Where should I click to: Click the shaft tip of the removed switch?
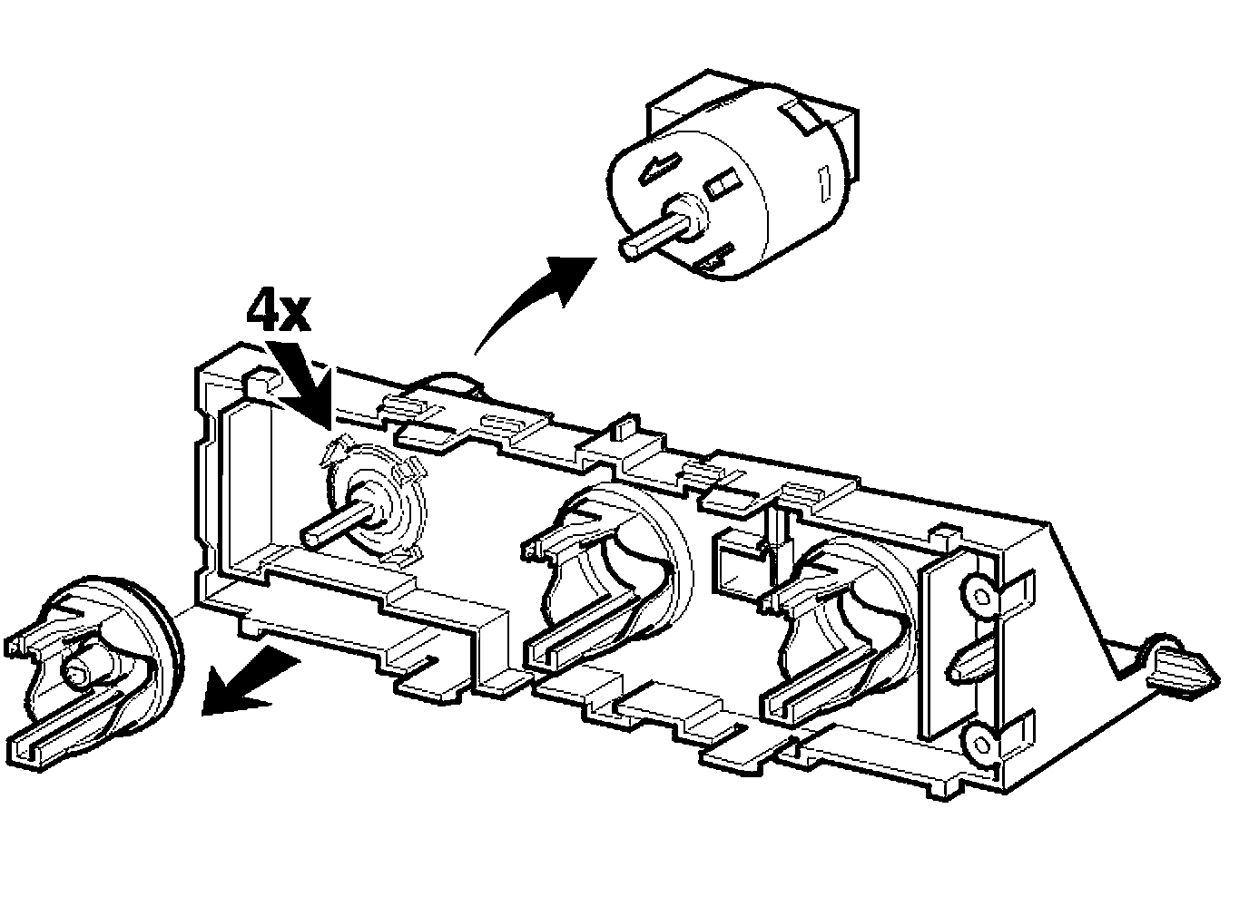coord(631,244)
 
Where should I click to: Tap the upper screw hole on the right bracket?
coord(981,595)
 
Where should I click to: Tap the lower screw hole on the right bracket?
coord(980,744)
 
